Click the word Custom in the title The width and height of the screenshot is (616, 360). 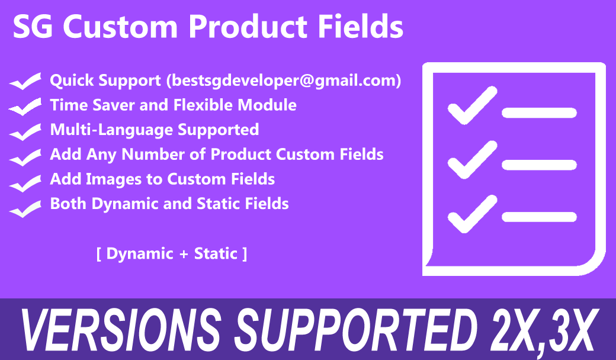point(120,27)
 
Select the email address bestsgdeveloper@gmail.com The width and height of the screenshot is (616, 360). point(284,81)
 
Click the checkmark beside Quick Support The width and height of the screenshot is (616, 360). point(25,81)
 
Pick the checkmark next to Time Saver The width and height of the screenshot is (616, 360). point(25,106)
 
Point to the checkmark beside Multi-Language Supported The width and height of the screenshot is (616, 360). point(25,131)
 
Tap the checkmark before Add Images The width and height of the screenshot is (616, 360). point(25,183)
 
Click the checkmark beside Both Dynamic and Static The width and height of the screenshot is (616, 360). point(25,208)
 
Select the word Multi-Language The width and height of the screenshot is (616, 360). point(111,130)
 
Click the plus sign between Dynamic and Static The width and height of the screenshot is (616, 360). point(184,254)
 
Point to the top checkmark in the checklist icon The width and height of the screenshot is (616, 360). point(473,105)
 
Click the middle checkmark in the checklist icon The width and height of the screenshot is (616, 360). point(473,159)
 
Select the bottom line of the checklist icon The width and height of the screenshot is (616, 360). point(539,217)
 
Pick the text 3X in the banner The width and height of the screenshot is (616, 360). point(571,330)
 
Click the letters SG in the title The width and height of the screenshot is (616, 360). point(33,27)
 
